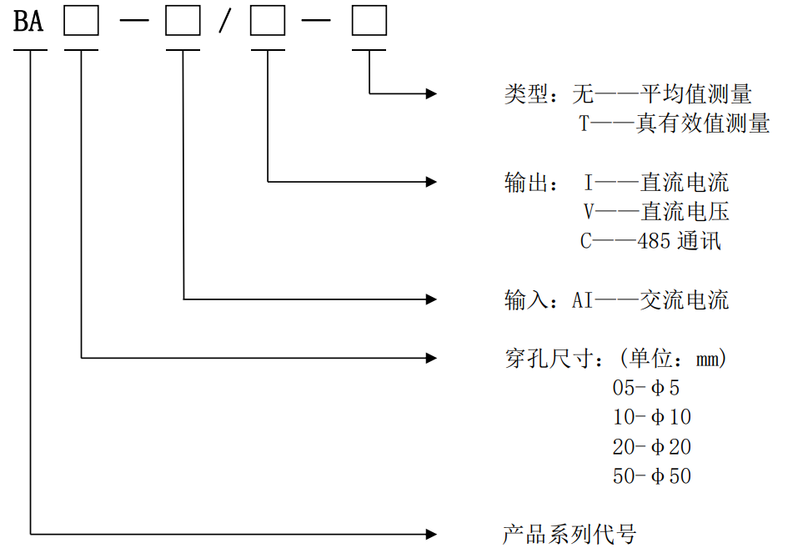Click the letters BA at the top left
click(28, 22)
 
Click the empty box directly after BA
click(82, 22)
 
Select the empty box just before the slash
click(183, 22)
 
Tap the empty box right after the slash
click(268, 22)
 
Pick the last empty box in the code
click(369, 22)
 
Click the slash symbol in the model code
click(223, 23)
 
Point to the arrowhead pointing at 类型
click(431, 94)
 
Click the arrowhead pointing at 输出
click(431, 180)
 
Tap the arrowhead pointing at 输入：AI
click(431, 298)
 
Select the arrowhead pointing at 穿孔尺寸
click(431, 358)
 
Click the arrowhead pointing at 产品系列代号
click(431, 533)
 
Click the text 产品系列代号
click(570, 534)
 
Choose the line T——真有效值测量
click(675, 124)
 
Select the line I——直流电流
click(656, 182)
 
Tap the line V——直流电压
click(656, 212)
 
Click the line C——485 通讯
click(651, 242)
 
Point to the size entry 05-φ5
click(646, 388)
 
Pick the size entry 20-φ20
click(651, 447)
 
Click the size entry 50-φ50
click(651, 476)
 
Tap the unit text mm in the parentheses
click(707, 359)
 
